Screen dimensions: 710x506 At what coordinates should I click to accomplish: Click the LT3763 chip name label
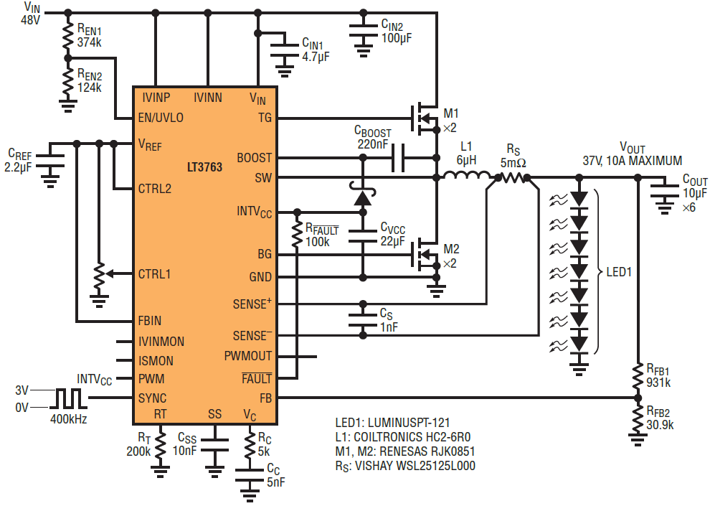(204, 167)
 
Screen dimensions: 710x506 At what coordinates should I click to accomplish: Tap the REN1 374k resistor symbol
(68, 36)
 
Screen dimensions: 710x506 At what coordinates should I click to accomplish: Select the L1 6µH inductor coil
(466, 175)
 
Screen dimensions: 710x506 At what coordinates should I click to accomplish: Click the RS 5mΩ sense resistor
(513, 178)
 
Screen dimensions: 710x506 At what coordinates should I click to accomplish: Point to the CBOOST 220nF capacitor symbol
(398, 158)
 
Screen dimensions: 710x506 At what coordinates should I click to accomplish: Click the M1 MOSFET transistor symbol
(425, 118)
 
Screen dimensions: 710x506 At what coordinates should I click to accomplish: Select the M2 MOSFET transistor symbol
(425, 255)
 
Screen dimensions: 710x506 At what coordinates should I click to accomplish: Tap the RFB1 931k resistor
(638, 375)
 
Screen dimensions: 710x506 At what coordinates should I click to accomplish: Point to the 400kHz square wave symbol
(68, 398)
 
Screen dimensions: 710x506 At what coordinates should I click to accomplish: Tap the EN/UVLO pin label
(161, 118)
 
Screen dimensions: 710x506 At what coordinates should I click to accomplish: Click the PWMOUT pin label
(248, 356)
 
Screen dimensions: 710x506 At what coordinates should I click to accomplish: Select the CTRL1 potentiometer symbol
(99, 273)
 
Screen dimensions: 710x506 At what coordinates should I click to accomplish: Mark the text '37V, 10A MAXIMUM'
(632, 161)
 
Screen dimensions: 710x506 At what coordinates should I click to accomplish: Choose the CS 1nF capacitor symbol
(363, 319)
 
